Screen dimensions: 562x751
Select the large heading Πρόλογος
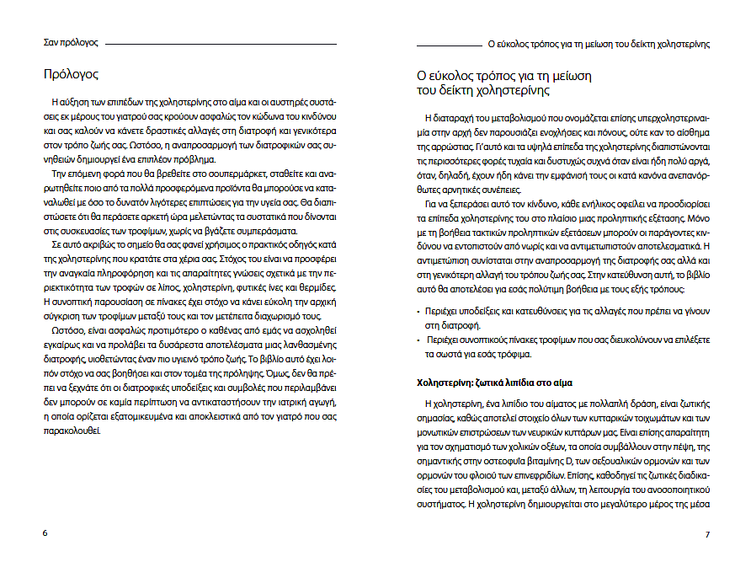tap(72, 74)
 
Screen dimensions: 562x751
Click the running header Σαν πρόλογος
tap(71, 41)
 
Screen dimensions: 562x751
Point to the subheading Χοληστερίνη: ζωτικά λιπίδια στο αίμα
tap(497, 383)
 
